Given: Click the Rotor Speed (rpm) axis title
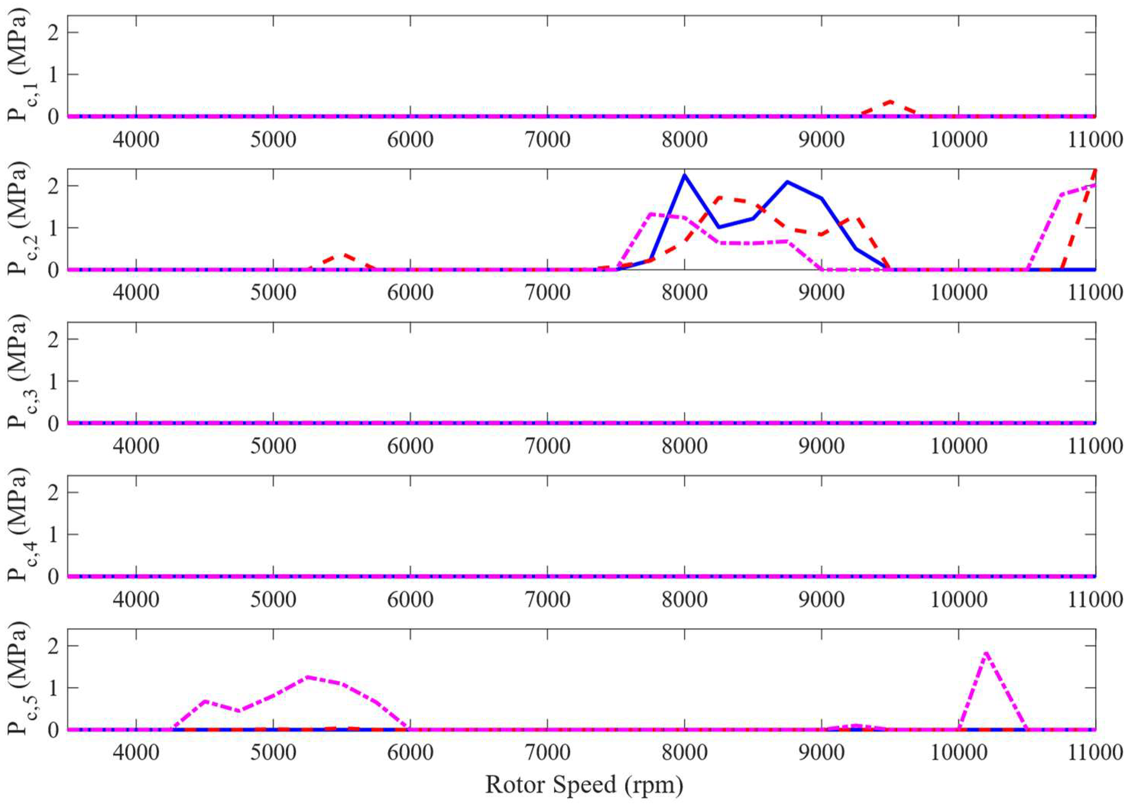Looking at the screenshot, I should tap(584, 784).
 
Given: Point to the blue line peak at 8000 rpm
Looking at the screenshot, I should tap(684, 175).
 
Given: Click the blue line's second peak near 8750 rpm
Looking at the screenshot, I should tap(788, 182).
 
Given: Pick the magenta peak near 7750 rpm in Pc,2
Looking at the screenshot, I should tap(651, 214).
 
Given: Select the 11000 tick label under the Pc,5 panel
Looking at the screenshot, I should tap(1095, 753).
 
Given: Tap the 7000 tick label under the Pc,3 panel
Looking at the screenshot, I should tap(547, 446).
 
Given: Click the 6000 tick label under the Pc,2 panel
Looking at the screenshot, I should tap(410, 293).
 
